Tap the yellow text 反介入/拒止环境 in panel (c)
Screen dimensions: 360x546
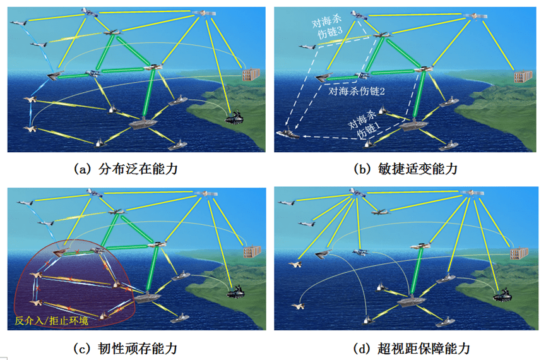[x=52, y=321]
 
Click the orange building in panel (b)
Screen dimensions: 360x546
[x=521, y=76]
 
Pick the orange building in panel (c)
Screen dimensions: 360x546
[x=252, y=253]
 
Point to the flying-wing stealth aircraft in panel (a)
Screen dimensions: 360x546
[x=56, y=76]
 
